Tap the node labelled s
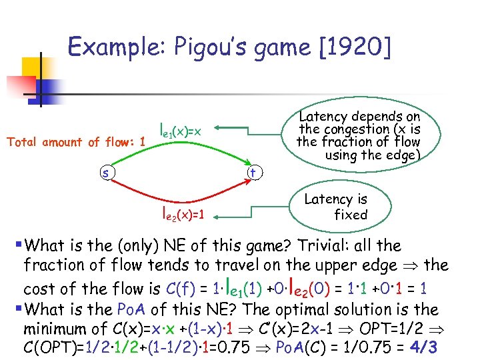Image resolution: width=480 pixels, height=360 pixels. coord(105,173)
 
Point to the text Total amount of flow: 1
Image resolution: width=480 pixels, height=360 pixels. coord(76,141)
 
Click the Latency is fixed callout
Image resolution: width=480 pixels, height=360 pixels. coord(336,207)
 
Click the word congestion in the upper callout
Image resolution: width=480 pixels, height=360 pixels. coord(351,129)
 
